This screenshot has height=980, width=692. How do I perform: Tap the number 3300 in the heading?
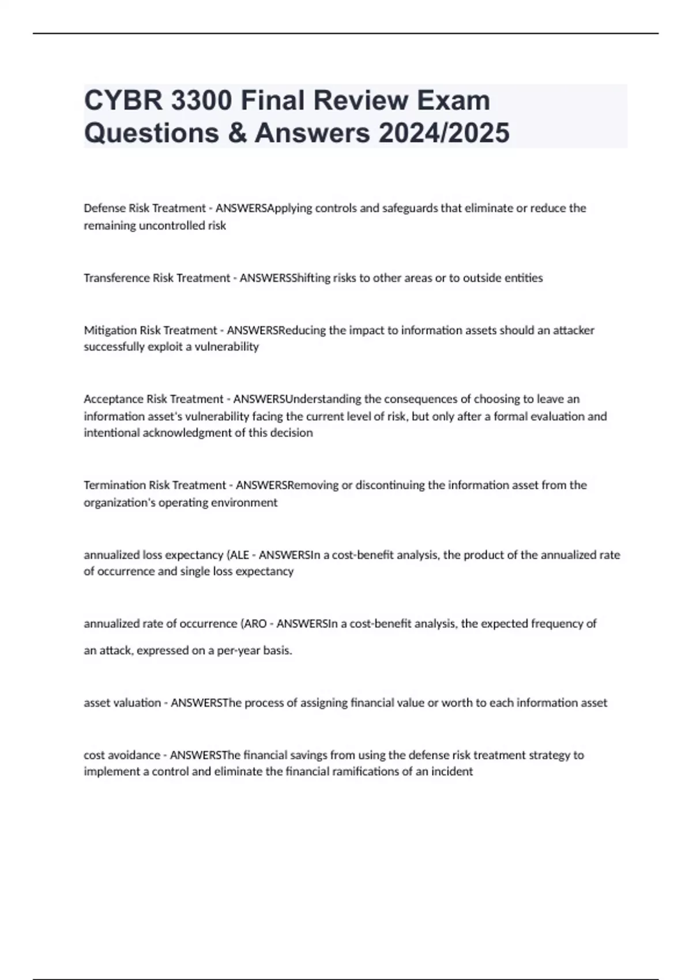201,100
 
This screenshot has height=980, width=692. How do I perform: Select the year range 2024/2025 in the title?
444,133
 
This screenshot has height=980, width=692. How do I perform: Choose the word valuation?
137,703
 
